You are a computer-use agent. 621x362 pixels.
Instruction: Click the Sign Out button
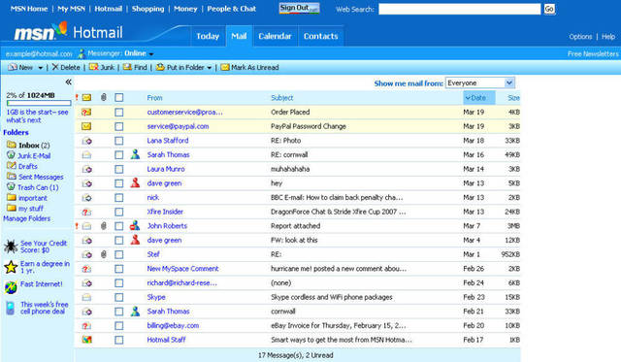(301, 8)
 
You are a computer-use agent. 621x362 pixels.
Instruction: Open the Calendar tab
(275, 37)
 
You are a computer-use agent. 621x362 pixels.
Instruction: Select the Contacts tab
(320, 37)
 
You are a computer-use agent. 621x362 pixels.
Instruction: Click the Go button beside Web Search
(549, 9)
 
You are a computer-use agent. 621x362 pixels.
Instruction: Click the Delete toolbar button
(67, 68)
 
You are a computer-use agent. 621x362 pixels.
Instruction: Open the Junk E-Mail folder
(35, 155)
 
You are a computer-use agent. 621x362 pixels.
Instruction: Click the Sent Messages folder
(40, 177)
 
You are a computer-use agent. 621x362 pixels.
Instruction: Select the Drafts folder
(30, 166)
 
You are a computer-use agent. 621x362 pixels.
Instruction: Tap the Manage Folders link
(26, 218)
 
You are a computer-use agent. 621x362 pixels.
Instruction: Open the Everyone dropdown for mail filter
(480, 83)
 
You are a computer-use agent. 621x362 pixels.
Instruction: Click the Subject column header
(282, 98)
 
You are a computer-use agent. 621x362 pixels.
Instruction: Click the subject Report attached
(297, 226)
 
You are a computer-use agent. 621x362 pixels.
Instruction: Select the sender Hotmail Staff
(170, 340)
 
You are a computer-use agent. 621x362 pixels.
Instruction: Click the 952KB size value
(508, 254)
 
